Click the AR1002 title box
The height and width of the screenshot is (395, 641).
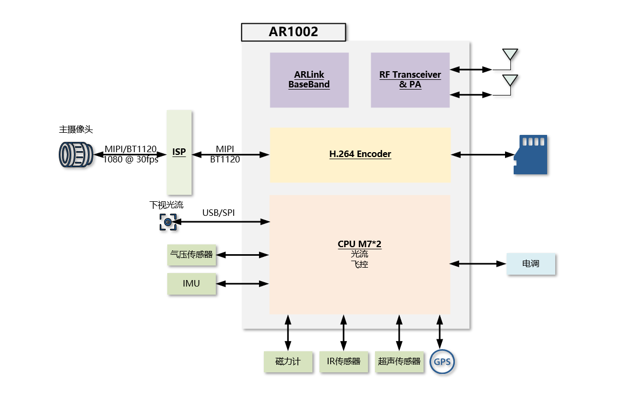pos(293,32)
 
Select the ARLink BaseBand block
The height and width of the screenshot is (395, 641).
pos(309,80)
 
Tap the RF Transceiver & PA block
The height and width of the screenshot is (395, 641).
pos(410,80)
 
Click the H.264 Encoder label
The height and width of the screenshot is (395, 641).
pos(360,154)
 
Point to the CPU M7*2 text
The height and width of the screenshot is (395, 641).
pos(359,244)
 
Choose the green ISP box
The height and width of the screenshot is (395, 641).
pos(179,152)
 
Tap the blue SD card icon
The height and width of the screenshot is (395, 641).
pos(530,154)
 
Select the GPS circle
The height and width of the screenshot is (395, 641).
pos(442,362)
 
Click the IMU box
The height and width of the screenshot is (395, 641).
pos(192,283)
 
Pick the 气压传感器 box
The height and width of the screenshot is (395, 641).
pos(192,254)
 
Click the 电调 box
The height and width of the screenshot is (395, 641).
pos(530,264)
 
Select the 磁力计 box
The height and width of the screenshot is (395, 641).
pos(288,362)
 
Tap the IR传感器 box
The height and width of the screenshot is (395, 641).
pos(344,362)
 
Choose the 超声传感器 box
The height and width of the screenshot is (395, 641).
pos(399,362)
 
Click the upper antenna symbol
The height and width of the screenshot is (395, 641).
pos(510,55)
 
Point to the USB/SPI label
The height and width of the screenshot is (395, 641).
pos(219,213)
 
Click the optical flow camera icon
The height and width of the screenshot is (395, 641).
pos(168,222)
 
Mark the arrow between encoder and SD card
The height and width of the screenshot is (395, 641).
pos(483,154)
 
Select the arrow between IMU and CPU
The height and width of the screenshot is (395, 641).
pos(242,283)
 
